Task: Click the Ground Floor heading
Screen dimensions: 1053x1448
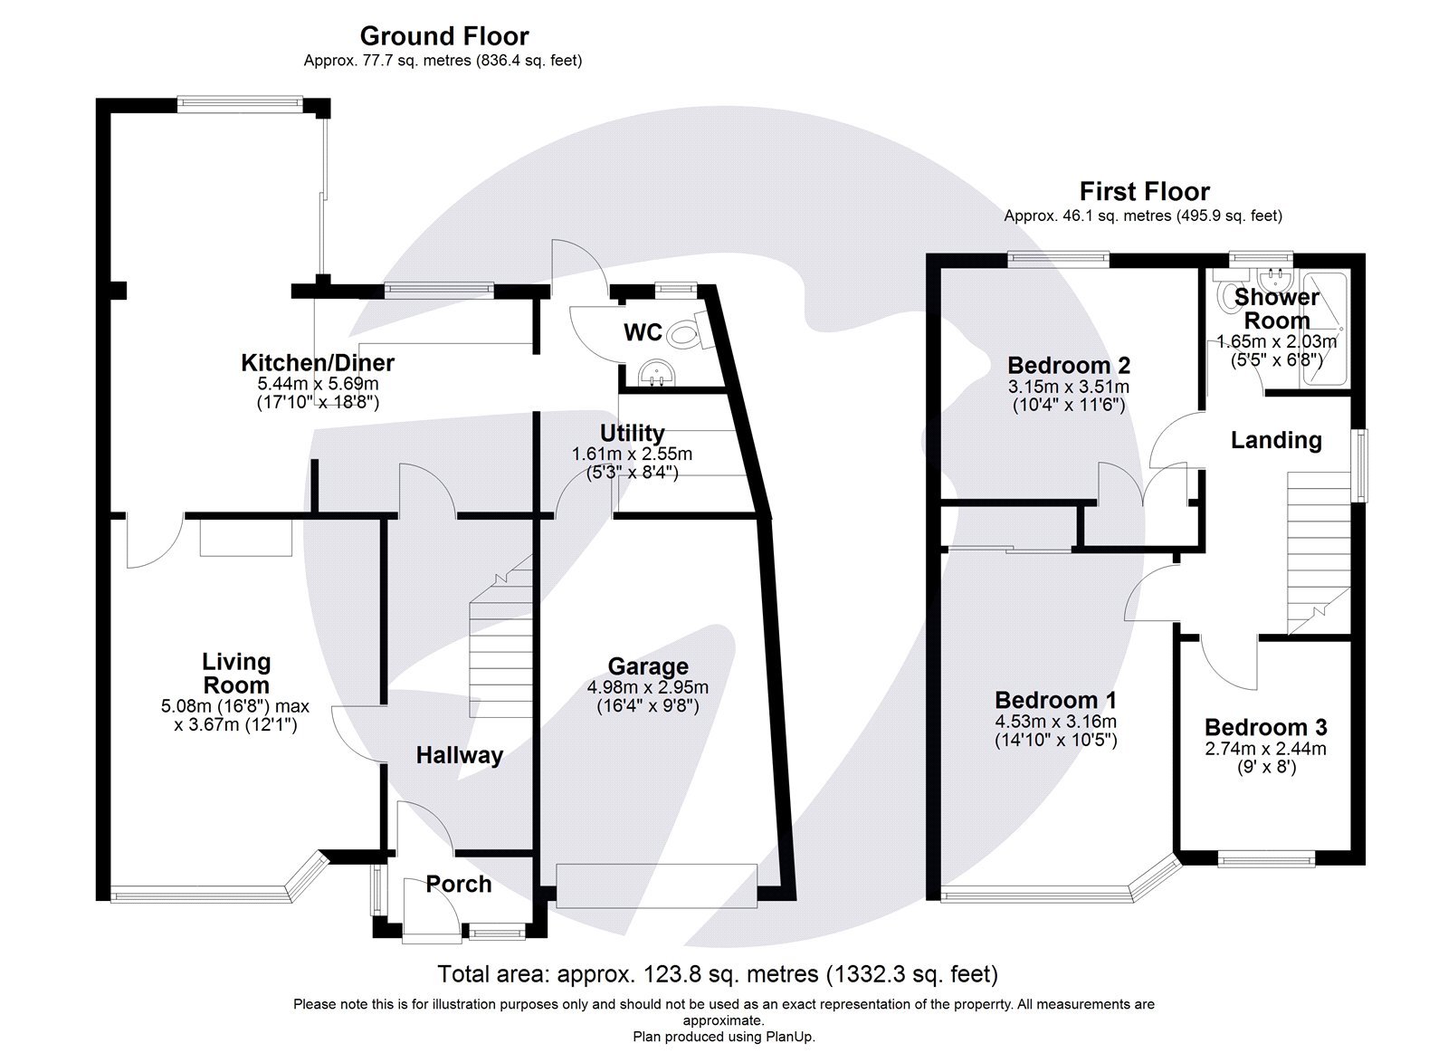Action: (443, 36)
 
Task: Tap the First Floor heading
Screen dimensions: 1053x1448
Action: (1143, 192)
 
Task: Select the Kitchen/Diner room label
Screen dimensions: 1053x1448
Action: (317, 363)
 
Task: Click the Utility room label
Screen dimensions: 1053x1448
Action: (632, 434)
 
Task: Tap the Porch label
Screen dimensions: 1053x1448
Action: (459, 885)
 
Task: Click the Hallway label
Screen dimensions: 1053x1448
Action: (459, 755)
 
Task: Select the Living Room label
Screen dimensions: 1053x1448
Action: (235, 673)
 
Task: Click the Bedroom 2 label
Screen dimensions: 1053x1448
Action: (1068, 366)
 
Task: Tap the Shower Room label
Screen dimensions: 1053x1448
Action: (1276, 308)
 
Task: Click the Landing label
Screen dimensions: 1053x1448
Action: (1276, 441)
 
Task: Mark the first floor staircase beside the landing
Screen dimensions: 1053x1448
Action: (1318, 552)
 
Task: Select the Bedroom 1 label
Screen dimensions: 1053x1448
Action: (1054, 700)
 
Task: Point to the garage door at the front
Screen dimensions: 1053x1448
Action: (656, 885)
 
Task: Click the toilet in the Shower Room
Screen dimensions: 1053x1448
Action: (1231, 295)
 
